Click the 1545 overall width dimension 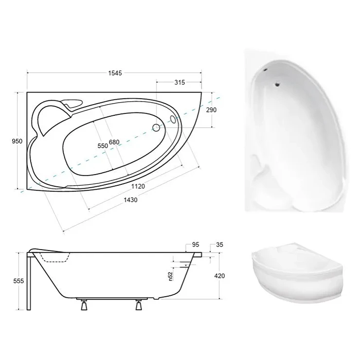click(115, 73)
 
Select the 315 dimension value click(180, 82)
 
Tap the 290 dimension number click(211, 110)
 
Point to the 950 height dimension click(17, 141)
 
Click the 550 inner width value click(103, 146)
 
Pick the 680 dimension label click(114, 142)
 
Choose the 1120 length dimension click(138, 186)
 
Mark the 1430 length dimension click(130, 200)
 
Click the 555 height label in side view click(18, 281)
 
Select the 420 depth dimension click(219, 275)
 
